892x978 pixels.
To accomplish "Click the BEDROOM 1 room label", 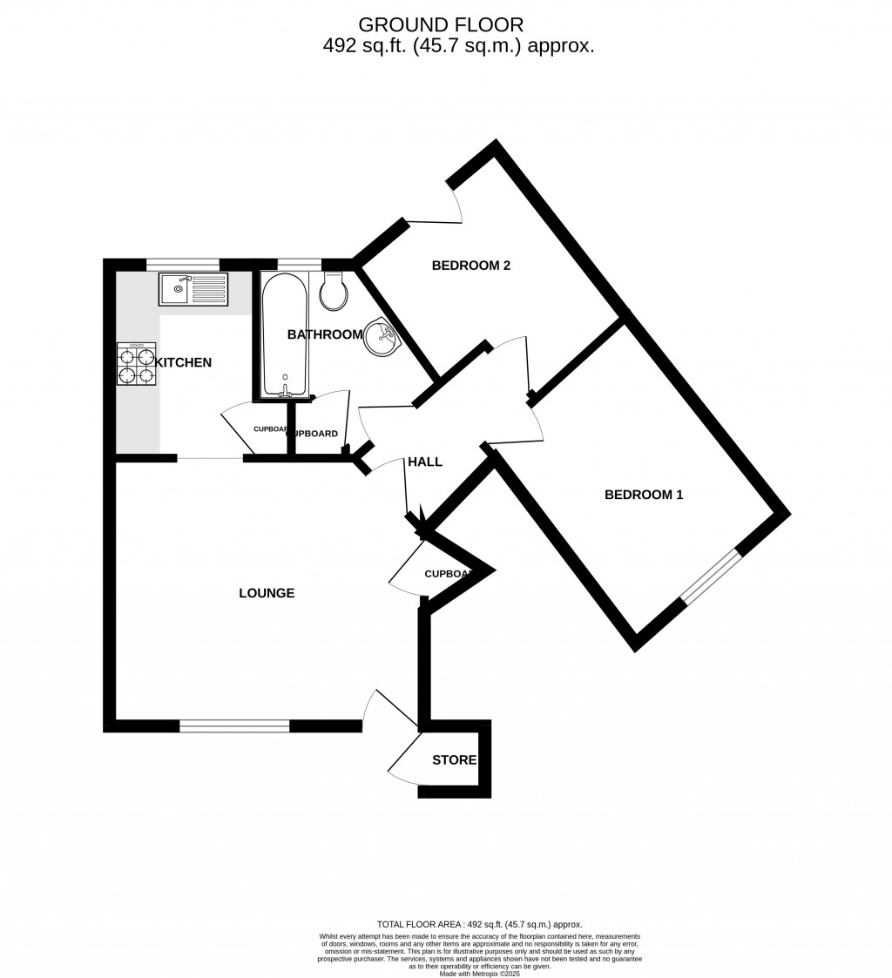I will point(644,495).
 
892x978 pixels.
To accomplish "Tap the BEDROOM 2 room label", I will point(470,266).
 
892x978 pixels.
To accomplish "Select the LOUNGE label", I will point(267,593).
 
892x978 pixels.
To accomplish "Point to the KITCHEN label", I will point(184,362).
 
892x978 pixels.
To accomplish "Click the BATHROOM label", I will point(324,334).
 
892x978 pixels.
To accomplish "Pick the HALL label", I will point(425,462).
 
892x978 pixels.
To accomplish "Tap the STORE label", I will point(454,760).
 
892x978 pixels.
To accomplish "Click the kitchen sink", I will point(193,289).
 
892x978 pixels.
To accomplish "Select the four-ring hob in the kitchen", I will point(136,364).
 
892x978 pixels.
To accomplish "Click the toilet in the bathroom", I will point(334,292).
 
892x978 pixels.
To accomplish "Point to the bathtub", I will point(284,335).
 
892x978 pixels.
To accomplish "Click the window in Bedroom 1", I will point(711,577).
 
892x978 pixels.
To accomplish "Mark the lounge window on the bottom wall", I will point(234,725).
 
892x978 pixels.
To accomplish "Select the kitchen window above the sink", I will point(182,265).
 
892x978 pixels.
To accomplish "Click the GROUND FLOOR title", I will point(442,24).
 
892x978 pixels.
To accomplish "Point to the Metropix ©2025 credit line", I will point(479,973).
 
